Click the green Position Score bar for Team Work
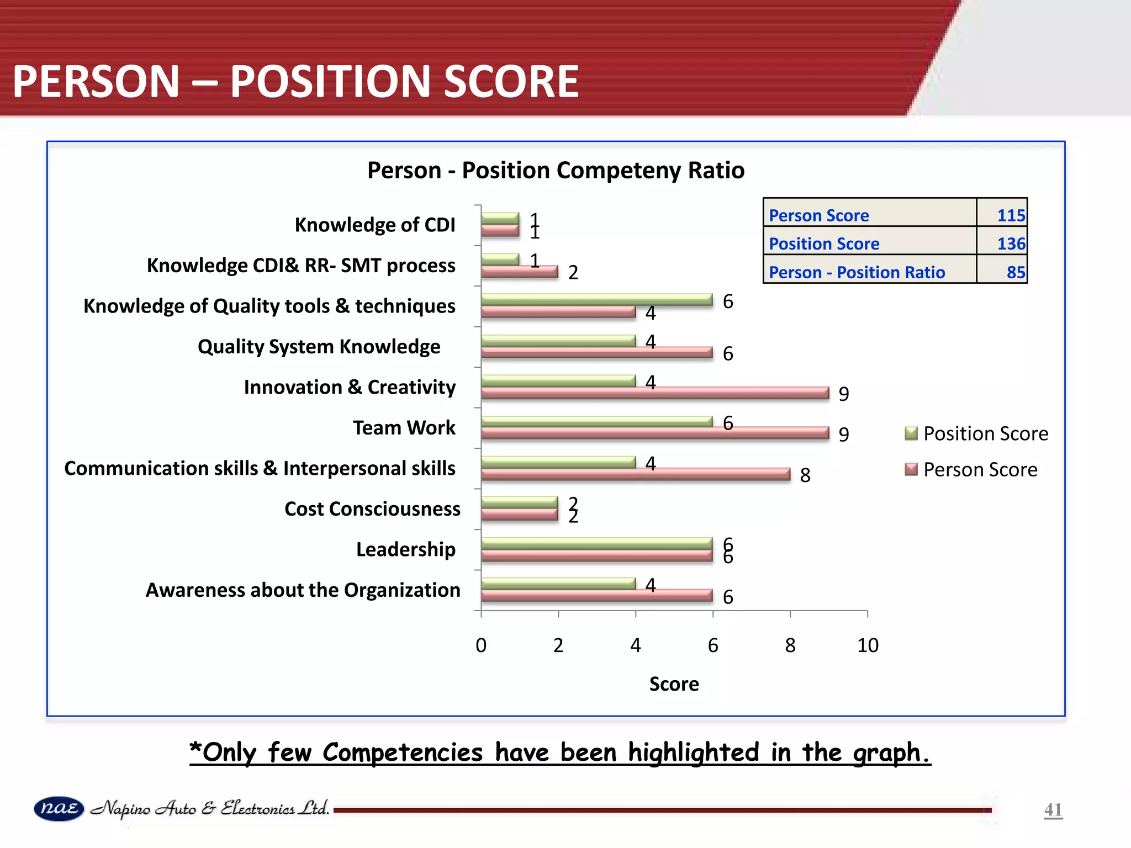point(596,421)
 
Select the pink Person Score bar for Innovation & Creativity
point(654,393)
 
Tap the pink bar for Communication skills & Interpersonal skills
point(635,474)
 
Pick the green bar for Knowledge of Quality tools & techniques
point(596,299)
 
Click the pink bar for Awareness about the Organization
point(596,596)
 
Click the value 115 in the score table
point(1011,215)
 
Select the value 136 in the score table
point(1011,243)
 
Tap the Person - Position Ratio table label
point(857,272)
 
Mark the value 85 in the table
point(1016,272)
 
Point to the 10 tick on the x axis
point(868,645)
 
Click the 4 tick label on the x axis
point(636,645)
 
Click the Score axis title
point(674,684)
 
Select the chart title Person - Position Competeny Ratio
point(556,170)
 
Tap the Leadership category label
point(406,549)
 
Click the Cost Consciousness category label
point(372,508)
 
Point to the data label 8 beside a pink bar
point(805,475)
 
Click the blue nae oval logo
point(59,809)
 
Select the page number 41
point(1053,810)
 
